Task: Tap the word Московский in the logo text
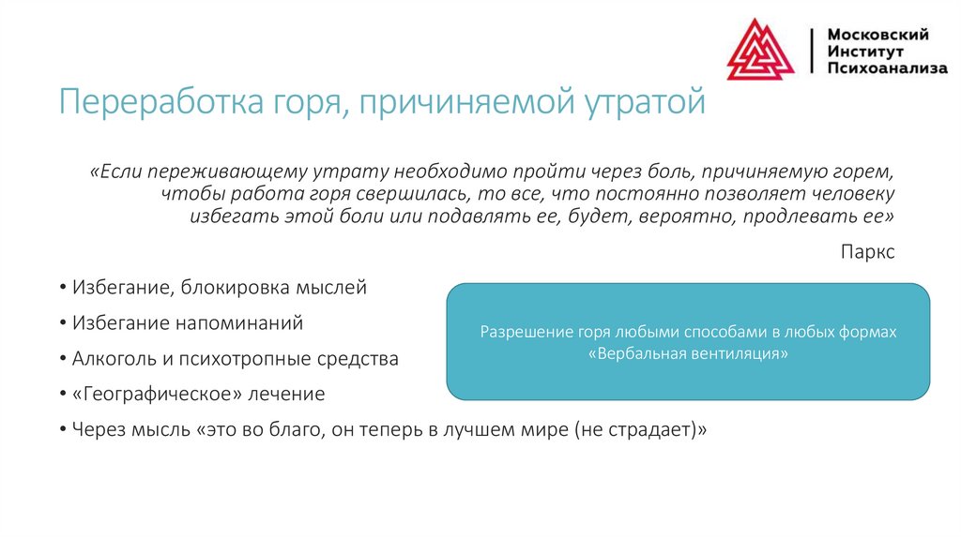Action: (x=877, y=35)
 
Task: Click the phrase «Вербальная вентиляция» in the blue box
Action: (x=688, y=355)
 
